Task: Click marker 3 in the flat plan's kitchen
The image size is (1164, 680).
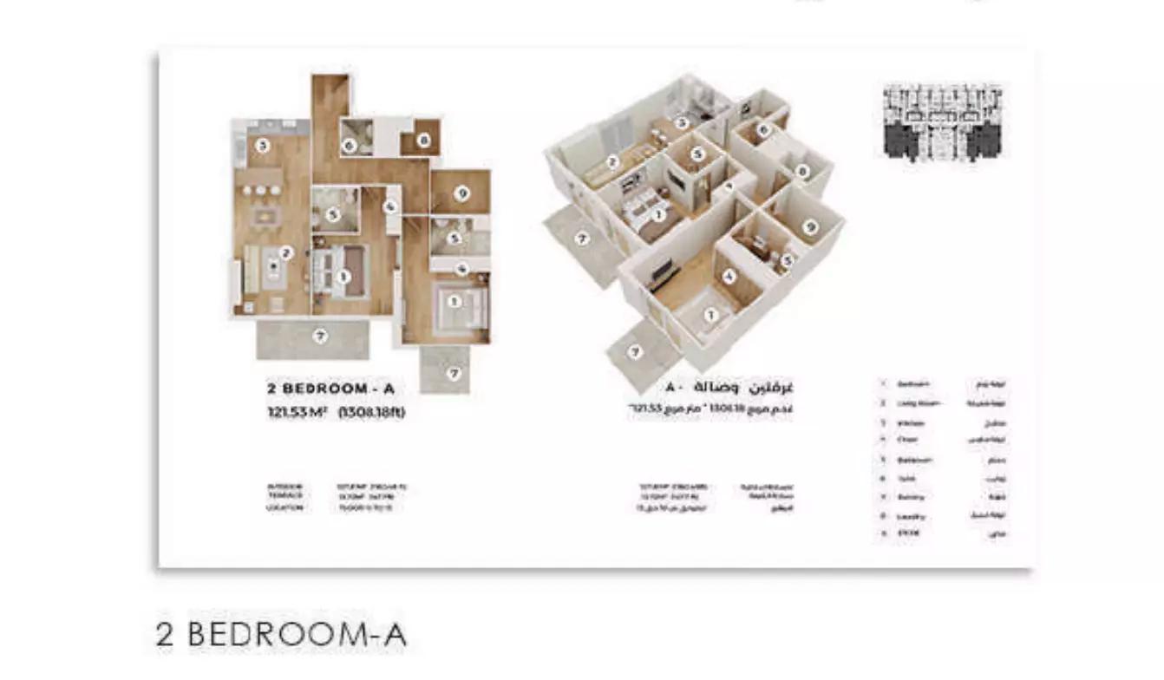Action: tap(262, 147)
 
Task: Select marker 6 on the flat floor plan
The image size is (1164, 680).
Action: tap(350, 147)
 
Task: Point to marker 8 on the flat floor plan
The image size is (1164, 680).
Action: tap(423, 141)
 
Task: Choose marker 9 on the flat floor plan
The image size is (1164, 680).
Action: tap(461, 193)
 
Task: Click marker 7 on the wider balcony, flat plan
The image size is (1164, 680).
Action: tap(320, 337)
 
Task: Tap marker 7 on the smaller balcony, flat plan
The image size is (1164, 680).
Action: tap(454, 373)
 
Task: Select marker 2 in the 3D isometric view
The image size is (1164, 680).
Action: tap(611, 161)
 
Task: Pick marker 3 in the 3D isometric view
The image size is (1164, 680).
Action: tap(683, 123)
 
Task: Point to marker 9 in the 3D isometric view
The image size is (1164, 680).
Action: tap(810, 226)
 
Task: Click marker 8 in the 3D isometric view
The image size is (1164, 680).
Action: tap(802, 172)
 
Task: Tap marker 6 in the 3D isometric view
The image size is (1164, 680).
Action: tap(763, 130)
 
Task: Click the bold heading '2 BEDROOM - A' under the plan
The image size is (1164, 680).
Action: tap(330, 389)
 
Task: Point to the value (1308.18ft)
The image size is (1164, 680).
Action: tap(371, 412)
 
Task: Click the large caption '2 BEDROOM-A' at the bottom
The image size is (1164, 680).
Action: tap(281, 634)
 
